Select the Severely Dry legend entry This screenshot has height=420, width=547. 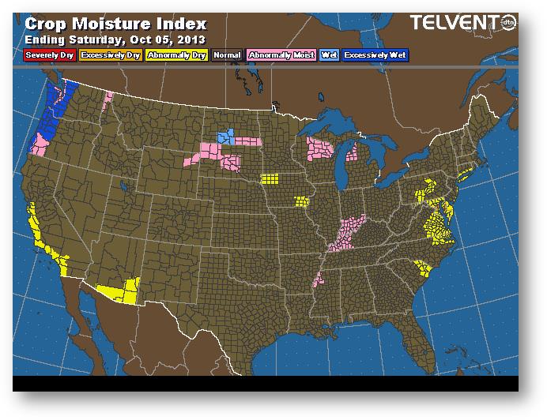[x=48, y=55]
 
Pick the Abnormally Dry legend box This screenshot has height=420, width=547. [x=175, y=55]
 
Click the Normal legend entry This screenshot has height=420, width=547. [x=227, y=55]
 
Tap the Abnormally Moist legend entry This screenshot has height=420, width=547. [x=281, y=55]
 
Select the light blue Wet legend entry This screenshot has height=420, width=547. [x=328, y=55]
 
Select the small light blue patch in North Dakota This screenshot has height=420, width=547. [x=226, y=137]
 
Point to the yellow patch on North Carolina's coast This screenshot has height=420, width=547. [x=427, y=268]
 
